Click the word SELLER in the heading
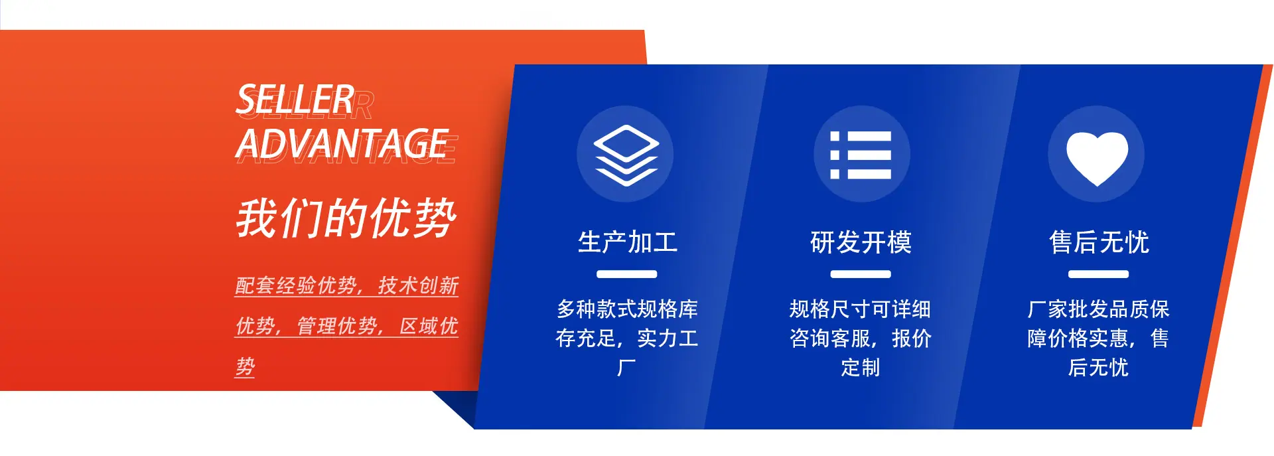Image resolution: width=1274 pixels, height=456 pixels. pos(295,100)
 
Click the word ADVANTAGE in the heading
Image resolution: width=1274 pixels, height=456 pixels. pos(342,143)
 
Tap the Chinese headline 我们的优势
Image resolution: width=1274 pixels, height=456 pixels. pos(346,218)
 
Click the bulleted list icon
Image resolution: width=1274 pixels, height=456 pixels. pos(861,155)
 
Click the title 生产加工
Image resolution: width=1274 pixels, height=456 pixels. pos(627,242)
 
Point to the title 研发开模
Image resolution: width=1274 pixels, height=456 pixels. pos(861,242)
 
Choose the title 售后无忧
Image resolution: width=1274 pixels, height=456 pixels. pos(1099,242)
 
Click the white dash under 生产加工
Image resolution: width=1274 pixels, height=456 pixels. pos(626,274)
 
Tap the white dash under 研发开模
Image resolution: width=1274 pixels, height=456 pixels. pos(861,274)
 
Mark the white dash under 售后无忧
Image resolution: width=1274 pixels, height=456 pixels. pos(1098,274)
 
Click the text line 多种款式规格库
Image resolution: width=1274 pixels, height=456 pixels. pos(627,309)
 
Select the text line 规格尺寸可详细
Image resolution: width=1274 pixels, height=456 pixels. pos(860,309)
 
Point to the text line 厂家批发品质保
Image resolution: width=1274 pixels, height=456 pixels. pos(1098,309)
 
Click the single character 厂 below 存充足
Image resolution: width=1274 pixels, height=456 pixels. pos(626,368)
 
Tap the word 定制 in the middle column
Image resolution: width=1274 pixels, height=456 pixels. pos(861,368)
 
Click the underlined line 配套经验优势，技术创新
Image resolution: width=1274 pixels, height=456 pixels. pos(347,286)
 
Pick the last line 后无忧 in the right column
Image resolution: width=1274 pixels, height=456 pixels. pos(1098,368)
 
